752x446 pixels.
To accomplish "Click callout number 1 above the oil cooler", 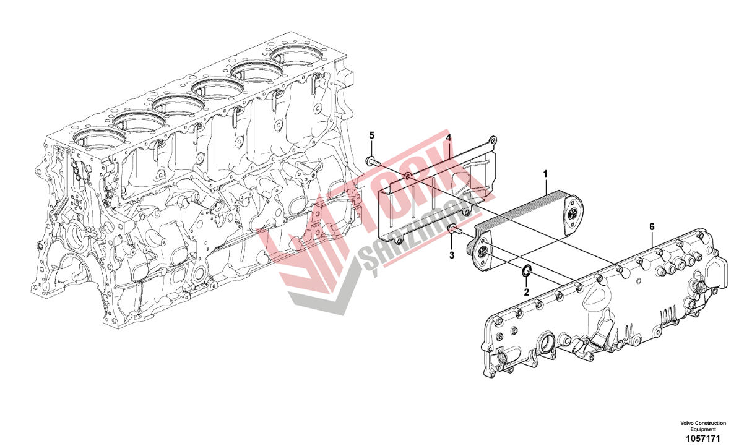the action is [x=545, y=174].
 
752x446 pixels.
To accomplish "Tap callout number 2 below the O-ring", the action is [x=526, y=292].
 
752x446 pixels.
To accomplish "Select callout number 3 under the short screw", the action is [x=452, y=255].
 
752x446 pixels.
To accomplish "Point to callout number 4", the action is [x=448, y=137].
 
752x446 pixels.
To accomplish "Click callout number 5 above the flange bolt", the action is [x=371, y=135].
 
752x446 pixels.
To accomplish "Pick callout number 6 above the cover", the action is [x=652, y=227].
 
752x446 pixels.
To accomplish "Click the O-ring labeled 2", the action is [x=526, y=271].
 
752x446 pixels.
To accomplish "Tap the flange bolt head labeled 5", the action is [x=370, y=160].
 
